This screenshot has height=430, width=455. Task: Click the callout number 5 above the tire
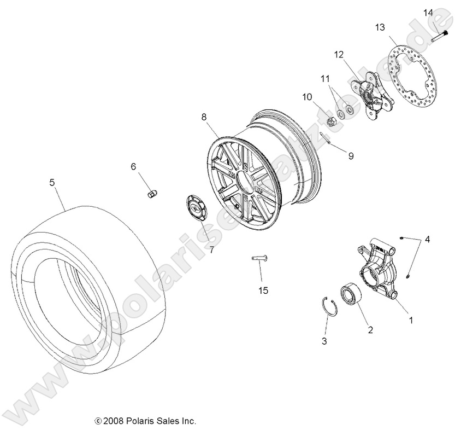[x=52, y=183]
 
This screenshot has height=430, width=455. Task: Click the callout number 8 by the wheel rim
[x=204, y=117]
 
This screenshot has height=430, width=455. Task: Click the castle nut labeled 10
[x=331, y=120]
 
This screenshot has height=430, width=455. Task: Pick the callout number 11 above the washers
[x=326, y=79]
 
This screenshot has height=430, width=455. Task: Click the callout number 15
[x=263, y=290]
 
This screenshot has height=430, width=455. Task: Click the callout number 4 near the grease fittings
[x=427, y=239]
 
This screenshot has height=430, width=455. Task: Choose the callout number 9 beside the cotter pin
[x=351, y=156]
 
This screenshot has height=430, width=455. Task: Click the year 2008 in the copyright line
[x=113, y=421]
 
